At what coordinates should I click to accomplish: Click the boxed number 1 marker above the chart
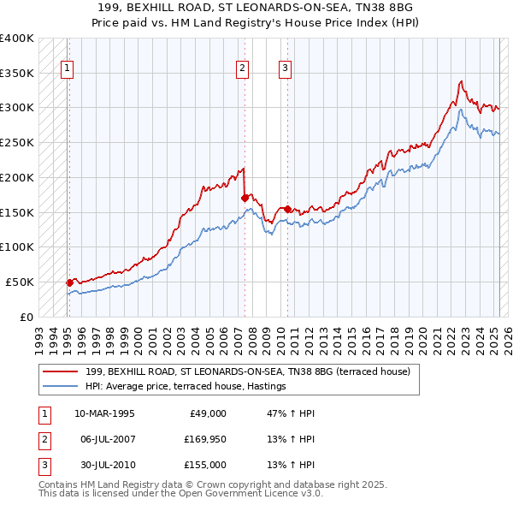pyautogui.click(x=68, y=70)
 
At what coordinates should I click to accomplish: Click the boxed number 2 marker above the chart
pyautogui.click(x=243, y=70)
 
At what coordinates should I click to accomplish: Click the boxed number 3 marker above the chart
pyautogui.click(x=285, y=70)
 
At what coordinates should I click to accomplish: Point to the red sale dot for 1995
pyautogui.click(x=69, y=282)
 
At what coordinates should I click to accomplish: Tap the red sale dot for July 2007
pyautogui.click(x=245, y=197)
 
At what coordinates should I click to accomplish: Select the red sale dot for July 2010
pyautogui.click(x=287, y=208)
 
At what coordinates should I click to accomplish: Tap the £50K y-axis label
pyautogui.click(x=21, y=282)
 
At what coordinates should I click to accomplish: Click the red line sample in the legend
pyautogui.click(x=60, y=371)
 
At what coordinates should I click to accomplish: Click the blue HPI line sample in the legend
pyautogui.click(x=60, y=387)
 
